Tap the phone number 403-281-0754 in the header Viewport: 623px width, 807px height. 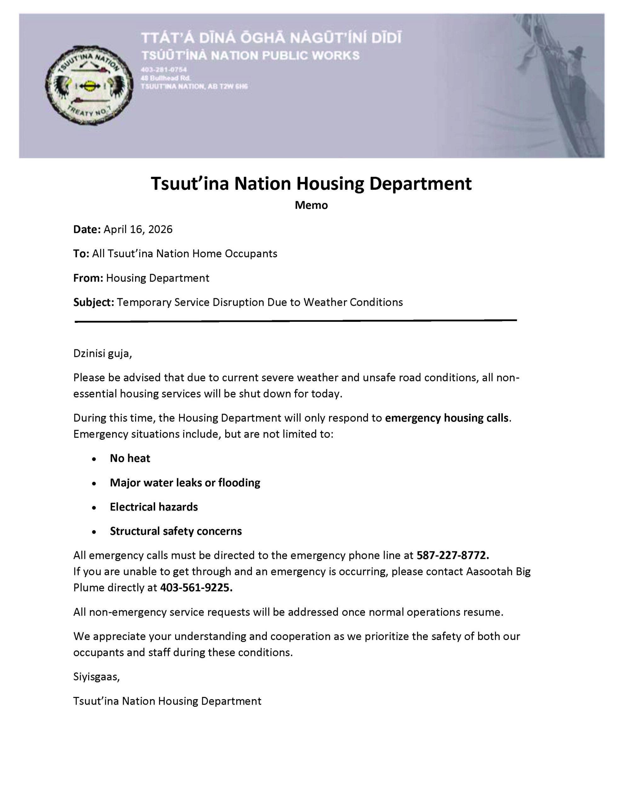pyautogui.click(x=163, y=69)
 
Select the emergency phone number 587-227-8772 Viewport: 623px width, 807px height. pyautogui.click(x=452, y=555)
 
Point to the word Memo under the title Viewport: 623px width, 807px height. pyautogui.click(x=311, y=205)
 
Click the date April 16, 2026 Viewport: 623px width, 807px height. pyautogui.click(x=138, y=229)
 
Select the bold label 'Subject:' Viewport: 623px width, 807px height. pyautogui.click(x=94, y=302)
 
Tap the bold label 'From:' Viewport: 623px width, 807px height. pyautogui.click(x=88, y=278)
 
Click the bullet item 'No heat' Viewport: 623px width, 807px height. pyautogui.click(x=130, y=458)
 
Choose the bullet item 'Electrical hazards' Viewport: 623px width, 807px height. pyautogui.click(x=154, y=507)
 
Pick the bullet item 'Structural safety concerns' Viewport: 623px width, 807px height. pyautogui.click(x=176, y=531)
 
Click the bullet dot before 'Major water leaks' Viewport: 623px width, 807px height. pyautogui.click(x=94, y=483)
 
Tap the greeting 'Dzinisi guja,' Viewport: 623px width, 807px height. pyautogui.click(x=102, y=354)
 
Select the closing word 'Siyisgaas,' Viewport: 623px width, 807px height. pyautogui.click(x=96, y=676)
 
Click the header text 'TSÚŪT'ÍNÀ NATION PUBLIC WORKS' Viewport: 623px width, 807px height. pyautogui.click(x=250, y=56)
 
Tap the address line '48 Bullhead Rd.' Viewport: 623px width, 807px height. pyautogui.click(x=165, y=78)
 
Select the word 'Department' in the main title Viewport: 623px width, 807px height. pyautogui.click(x=420, y=184)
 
